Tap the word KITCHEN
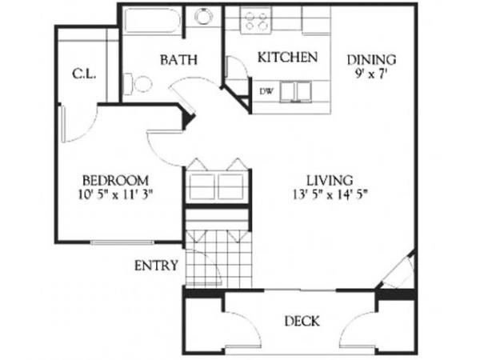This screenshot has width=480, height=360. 288,58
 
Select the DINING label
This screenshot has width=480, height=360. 372,58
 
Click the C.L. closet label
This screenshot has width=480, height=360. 84,74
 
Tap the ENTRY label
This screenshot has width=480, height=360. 155,266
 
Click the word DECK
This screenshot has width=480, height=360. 302,322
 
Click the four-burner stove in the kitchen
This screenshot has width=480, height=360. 257,21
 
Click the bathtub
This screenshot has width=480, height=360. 152,21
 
